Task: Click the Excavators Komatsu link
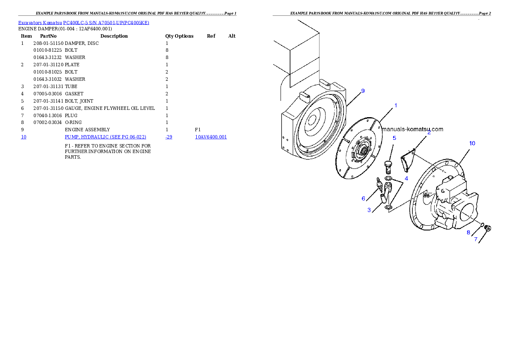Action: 40,23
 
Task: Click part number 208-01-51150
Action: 48,43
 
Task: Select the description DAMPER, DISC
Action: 82,43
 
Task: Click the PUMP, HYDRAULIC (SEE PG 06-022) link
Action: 106,137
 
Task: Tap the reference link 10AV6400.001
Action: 211,137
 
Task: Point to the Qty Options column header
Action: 179,36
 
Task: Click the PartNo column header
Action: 48,36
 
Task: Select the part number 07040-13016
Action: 47,115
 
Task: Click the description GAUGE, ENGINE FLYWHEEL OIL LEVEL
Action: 110,108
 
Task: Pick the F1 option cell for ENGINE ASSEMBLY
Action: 198,130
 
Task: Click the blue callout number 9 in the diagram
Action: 363,91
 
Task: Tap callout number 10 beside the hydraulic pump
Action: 472,143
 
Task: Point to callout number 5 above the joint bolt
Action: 394,138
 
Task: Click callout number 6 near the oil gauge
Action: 363,198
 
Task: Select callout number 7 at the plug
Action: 476,239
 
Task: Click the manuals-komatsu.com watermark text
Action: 412,129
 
